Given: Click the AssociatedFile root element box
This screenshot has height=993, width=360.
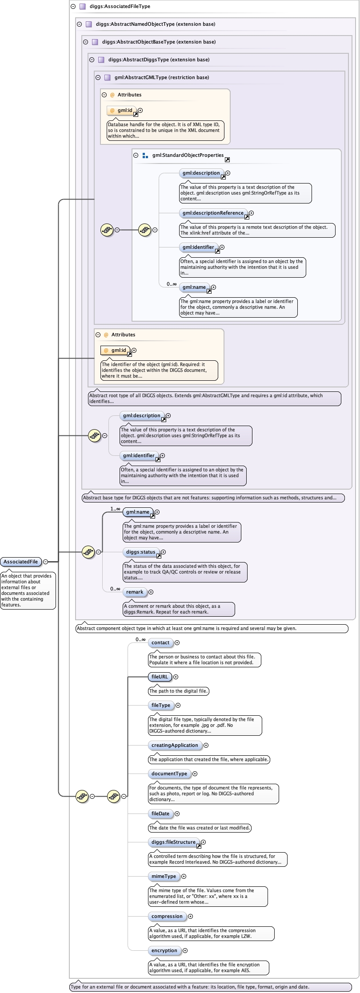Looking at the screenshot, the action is coord(21,562).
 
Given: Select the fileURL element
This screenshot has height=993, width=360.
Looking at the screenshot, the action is coord(160,677).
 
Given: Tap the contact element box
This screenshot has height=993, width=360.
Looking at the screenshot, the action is coord(160,642).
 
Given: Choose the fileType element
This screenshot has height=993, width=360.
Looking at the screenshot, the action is coord(161,705).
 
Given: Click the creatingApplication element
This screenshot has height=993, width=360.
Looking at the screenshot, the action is coord(175,745).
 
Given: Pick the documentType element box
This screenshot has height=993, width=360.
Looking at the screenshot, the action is coord(169,774).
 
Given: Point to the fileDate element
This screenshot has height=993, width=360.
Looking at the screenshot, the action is coord(160,814).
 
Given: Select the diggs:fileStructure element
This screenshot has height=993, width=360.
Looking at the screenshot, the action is coord(174,842).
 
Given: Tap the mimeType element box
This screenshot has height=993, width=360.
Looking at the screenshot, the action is coord(164,876).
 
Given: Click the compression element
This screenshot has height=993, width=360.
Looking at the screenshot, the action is coord(167,916).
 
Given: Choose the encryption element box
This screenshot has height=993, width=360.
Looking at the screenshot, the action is coord(164,950).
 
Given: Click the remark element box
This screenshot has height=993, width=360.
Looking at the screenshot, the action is coord(135,592).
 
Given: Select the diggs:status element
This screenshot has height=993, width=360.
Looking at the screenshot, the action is coord(141,552).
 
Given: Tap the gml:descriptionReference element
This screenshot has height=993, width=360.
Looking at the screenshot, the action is coord(213,213).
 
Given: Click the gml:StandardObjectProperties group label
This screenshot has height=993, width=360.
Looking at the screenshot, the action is coord(188,155).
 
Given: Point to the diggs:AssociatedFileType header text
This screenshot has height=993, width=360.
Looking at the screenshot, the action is coord(120,6).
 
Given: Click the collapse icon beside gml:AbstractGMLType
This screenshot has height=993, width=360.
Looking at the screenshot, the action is coord(98,77).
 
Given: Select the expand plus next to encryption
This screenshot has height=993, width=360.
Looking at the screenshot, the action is coord(185,950).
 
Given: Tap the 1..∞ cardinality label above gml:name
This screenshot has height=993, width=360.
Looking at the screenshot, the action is coord(115,509).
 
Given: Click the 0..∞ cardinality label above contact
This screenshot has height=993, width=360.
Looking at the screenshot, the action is coord(140,639).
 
